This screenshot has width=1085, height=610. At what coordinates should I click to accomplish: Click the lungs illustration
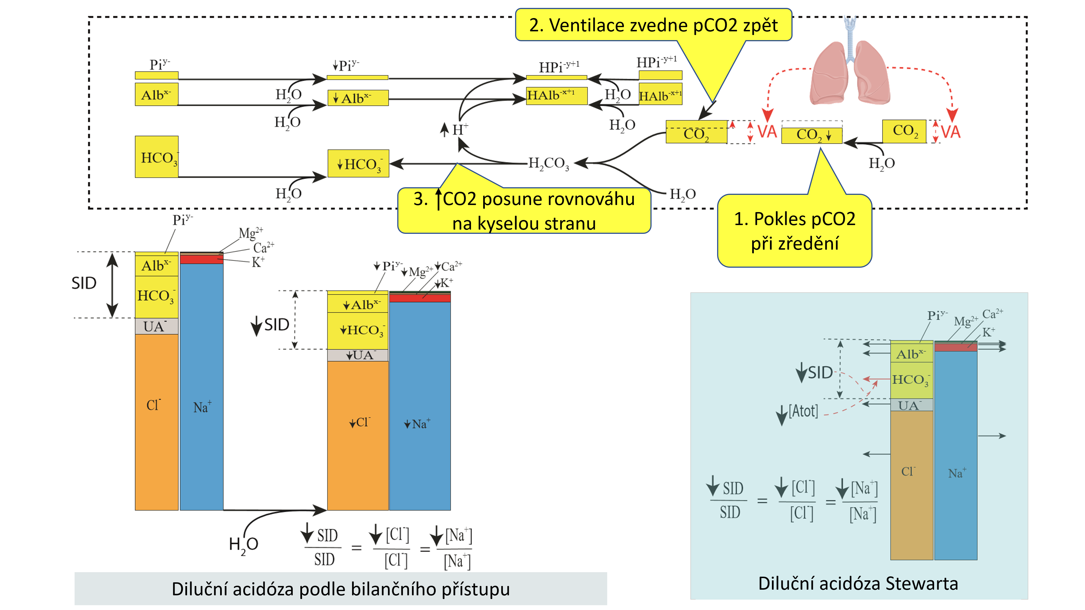click(850, 71)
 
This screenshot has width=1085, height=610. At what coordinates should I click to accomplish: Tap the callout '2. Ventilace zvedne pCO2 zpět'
click(653, 25)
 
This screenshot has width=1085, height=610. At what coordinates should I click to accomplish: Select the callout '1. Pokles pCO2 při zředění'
click(794, 231)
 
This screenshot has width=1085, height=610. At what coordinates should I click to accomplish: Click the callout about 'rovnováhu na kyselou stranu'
click(524, 210)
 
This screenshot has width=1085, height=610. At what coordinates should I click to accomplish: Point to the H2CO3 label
click(548, 163)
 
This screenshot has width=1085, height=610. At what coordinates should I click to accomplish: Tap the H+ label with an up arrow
click(456, 129)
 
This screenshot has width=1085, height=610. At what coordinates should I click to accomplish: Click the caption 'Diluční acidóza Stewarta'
click(858, 583)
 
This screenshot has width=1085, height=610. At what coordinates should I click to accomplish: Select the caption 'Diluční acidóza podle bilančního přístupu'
click(340, 589)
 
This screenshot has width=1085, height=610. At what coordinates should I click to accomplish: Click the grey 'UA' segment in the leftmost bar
click(156, 326)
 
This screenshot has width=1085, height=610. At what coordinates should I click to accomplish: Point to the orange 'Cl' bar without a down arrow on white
click(156, 421)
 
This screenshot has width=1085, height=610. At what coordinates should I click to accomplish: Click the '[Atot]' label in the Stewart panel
click(803, 411)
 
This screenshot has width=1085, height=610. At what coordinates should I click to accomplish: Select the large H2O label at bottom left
click(244, 545)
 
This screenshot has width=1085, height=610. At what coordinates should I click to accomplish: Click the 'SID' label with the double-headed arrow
click(84, 283)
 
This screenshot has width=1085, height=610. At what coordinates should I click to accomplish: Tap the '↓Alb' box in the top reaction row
click(358, 98)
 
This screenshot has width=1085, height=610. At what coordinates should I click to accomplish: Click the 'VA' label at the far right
click(951, 132)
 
